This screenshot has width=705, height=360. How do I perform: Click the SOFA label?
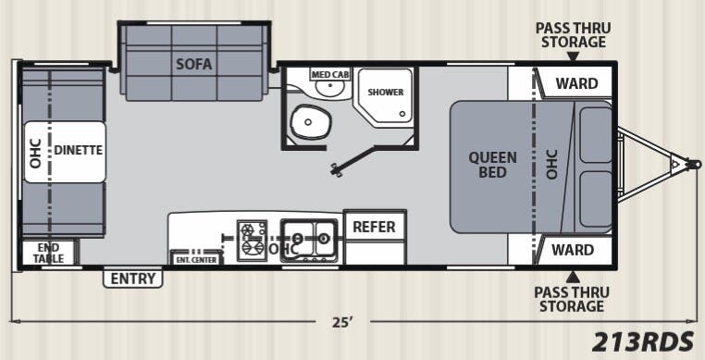pyautogui.click(x=194, y=64)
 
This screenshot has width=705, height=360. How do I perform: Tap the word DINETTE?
pyautogui.click(x=77, y=149)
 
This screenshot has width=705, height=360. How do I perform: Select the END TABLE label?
pyautogui.click(x=49, y=253)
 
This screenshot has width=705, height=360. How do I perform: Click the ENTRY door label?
pyautogui.click(x=132, y=278)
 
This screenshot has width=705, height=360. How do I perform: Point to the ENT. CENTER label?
pyautogui.click(x=195, y=258)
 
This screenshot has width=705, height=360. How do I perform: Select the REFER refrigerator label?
pyautogui.click(x=374, y=227)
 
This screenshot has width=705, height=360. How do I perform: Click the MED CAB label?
pyautogui.click(x=328, y=74)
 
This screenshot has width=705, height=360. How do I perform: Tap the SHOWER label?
pyautogui.click(x=384, y=92)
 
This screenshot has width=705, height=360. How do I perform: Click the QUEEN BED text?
pyautogui.click(x=492, y=165)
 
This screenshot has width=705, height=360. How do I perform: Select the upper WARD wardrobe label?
pyautogui.click(x=575, y=83)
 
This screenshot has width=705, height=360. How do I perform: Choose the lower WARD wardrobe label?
pyautogui.click(x=572, y=250)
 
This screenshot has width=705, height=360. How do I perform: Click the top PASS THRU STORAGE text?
pyautogui.click(x=571, y=35)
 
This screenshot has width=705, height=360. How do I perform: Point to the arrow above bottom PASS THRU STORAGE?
pyautogui.click(x=572, y=274)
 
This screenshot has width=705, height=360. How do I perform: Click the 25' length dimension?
pyautogui.click(x=342, y=322)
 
